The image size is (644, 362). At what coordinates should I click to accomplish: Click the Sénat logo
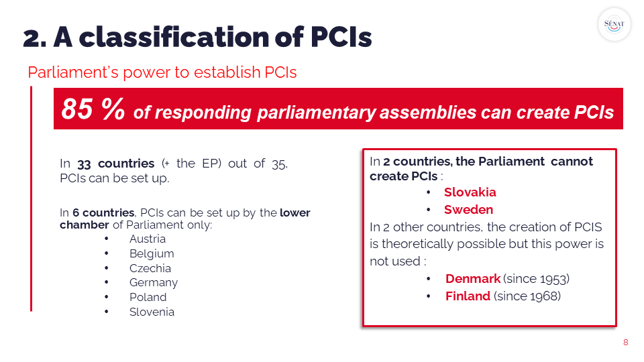click(614, 25)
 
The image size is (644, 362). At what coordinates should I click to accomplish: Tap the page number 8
click(625, 343)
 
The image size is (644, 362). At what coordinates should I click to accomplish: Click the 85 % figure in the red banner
click(93, 109)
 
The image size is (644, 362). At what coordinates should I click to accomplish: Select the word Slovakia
click(470, 192)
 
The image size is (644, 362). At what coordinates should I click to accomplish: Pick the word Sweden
click(469, 210)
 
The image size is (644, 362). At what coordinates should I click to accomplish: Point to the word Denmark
click(473, 279)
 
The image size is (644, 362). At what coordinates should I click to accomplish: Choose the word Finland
click(468, 296)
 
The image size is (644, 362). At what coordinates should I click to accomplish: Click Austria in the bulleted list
click(148, 239)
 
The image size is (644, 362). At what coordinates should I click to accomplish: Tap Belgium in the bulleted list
click(152, 254)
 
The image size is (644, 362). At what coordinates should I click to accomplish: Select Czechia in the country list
click(150, 268)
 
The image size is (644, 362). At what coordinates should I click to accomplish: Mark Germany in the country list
click(154, 283)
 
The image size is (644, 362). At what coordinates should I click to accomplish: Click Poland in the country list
click(148, 297)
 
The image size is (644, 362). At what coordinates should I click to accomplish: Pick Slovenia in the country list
click(152, 312)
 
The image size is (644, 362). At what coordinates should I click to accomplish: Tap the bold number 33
click(84, 164)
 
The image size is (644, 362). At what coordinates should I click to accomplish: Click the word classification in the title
click(174, 38)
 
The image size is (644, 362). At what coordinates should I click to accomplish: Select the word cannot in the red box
click(572, 162)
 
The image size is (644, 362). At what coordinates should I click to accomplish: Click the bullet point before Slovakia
click(429, 192)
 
